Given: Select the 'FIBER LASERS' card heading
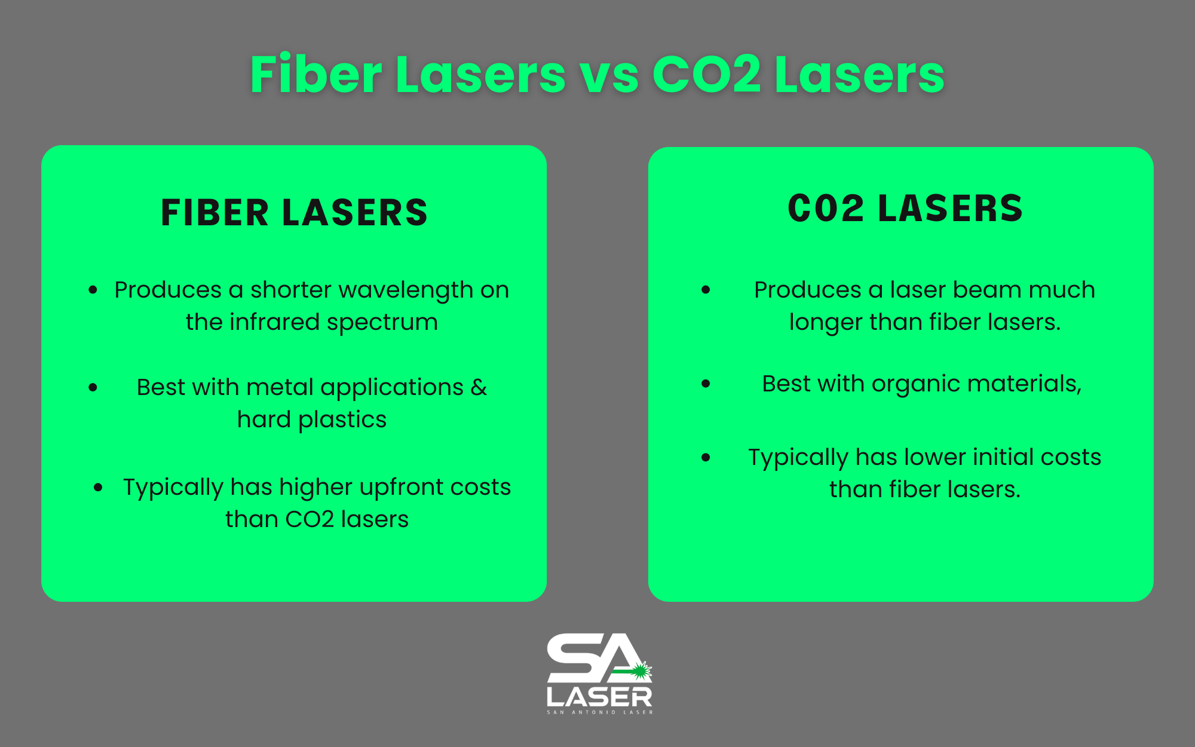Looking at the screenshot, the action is pyautogui.click(x=295, y=213).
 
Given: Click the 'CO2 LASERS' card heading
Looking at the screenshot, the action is pyautogui.click(x=905, y=209).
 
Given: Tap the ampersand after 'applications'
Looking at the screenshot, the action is pyautogui.click(x=479, y=387).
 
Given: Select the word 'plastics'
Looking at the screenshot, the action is pyautogui.click(x=342, y=420).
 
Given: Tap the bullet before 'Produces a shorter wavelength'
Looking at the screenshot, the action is pyautogui.click(x=93, y=290).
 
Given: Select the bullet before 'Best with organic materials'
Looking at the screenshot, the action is pyautogui.click(x=706, y=384).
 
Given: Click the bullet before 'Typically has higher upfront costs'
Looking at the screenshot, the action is pyautogui.click(x=99, y=488).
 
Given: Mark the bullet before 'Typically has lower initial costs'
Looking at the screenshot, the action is pyautogui.click(x=706, y=458).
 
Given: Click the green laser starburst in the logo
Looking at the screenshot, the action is pyautogui.click(x=641, y=671).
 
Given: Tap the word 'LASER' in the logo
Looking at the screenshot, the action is pyautogui.click(x=599, y=697).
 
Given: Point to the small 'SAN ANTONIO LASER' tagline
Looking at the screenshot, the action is pyautogui.click(x=600, y=712).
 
